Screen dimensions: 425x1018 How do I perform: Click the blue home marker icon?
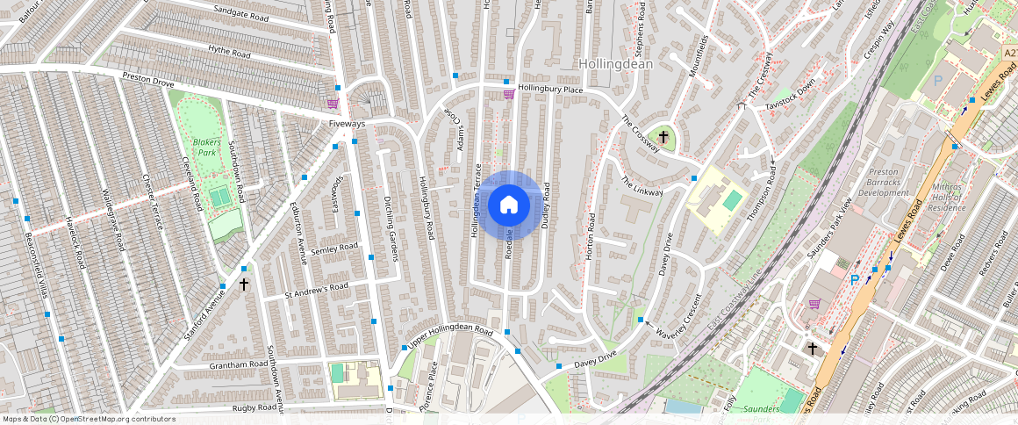point(508,205)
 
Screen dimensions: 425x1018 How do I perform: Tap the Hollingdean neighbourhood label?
point(615,64)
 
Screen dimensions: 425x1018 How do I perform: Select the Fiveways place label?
point(347,124)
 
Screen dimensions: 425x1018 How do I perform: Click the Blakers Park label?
point(207,147)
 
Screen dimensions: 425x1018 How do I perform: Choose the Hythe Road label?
point(229,53)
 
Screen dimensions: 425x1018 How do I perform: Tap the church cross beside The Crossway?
point(663,137)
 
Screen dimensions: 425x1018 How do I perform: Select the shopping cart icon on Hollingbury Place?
point(508,94)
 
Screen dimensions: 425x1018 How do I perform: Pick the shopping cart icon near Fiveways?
point(333,104)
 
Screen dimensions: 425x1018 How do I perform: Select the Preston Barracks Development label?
point(884,182)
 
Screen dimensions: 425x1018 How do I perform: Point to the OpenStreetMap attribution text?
point(90,419)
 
